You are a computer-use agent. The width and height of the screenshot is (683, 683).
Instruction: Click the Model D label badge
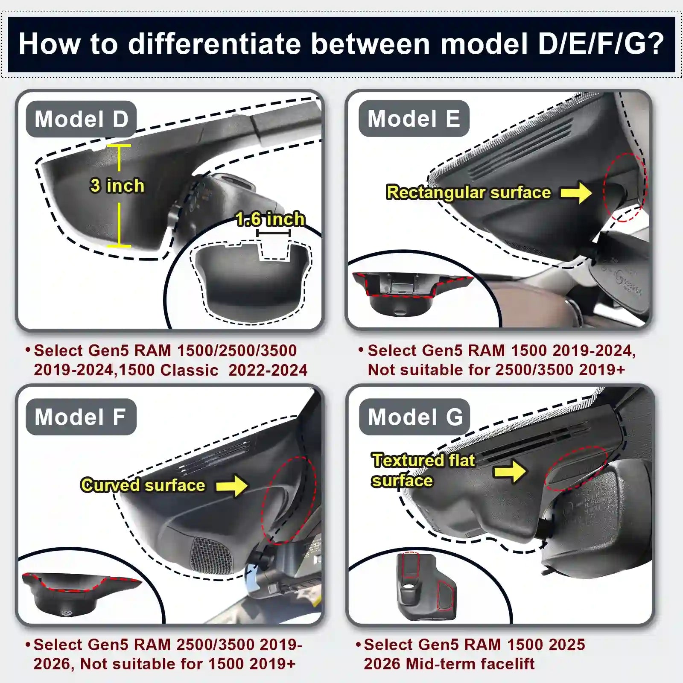81,119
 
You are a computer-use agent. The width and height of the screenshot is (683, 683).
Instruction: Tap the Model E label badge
414,119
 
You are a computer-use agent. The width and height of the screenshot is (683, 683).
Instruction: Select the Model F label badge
81,417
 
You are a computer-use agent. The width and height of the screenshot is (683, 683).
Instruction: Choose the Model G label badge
414,417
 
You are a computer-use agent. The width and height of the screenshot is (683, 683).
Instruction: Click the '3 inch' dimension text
117,186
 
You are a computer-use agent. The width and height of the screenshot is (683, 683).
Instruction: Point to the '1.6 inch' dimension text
270,219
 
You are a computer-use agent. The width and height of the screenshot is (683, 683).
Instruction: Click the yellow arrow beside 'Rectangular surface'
576,193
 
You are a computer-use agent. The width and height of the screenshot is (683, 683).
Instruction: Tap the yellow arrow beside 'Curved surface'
232,486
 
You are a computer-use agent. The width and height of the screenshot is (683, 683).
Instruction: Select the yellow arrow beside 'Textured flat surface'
510,471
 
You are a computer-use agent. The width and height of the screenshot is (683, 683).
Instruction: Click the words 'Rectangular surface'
468,193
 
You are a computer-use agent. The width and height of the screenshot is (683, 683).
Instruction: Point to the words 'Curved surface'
143,485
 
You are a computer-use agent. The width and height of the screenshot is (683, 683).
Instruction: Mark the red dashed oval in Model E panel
625,187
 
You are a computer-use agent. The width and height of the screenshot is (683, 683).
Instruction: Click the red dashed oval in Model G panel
576,469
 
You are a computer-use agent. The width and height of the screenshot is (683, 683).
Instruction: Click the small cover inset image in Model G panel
426,587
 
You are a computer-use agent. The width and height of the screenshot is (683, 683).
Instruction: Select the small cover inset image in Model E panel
412,292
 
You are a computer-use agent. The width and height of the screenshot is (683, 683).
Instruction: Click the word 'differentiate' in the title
214,44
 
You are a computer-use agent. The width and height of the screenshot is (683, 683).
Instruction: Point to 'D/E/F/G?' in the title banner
601,44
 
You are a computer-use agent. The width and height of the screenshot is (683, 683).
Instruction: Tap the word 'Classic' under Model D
189,370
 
